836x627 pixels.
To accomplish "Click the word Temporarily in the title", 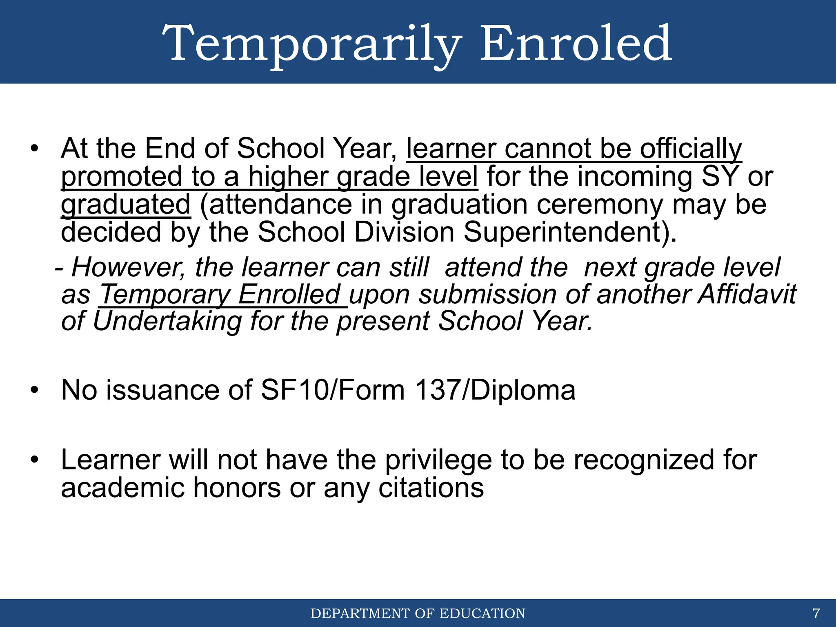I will click(312, 44).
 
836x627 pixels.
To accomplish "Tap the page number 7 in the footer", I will click(816, 613).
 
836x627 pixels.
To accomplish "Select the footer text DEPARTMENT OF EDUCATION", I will click(418, 614).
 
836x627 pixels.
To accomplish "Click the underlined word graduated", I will click(126, 205).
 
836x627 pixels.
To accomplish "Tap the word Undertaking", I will click(167, 321).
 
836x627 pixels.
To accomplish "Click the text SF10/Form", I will click(332, 390).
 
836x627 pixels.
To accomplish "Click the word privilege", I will click(438, 460).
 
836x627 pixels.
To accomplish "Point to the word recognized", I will click(645, 460).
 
